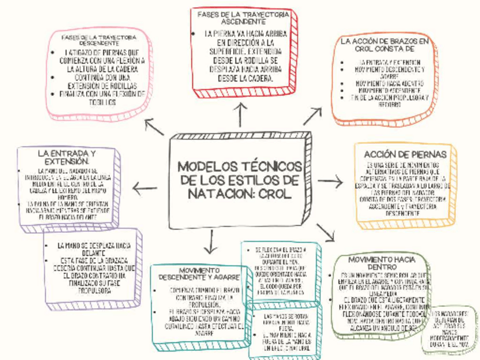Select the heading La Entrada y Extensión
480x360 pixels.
66,157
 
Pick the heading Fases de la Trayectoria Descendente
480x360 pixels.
99,40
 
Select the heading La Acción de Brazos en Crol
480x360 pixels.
384,45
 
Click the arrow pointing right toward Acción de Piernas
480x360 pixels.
331,182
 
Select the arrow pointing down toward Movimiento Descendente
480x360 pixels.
211,242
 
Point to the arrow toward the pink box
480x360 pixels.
154,126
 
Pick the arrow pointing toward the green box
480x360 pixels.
326,232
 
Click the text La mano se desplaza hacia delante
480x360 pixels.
94,250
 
